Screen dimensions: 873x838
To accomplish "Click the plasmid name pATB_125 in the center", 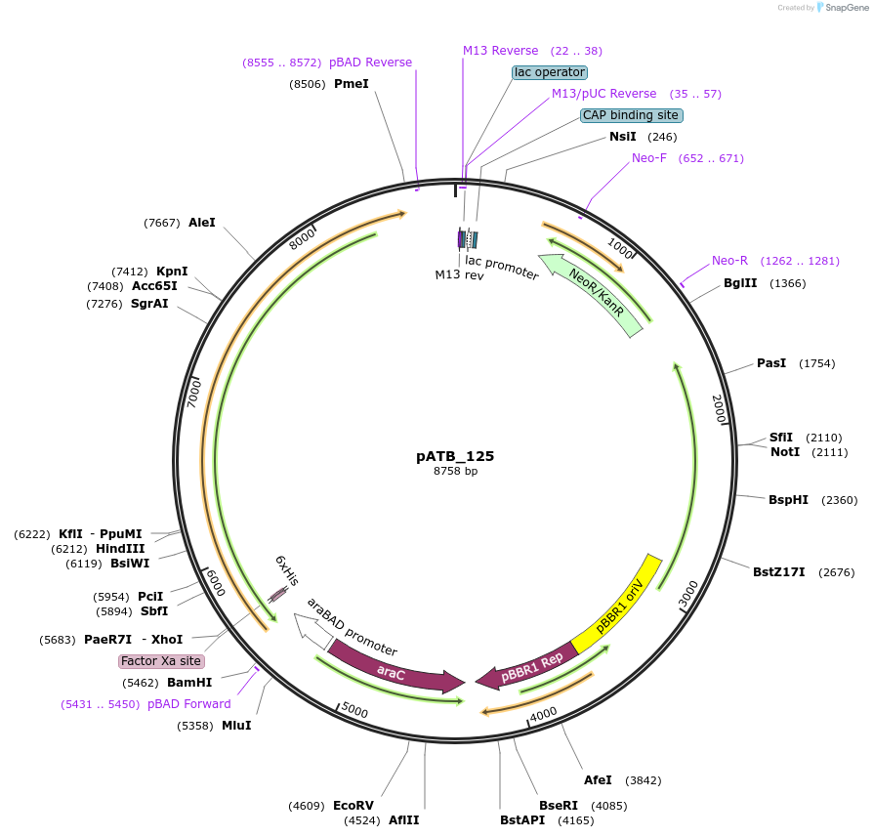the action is tap(455, 456).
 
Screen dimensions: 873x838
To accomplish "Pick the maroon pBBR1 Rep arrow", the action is tap(527, 666).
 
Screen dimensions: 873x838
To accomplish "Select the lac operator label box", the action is tap(550, 72).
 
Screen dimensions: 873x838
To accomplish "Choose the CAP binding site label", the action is tap(631, 115).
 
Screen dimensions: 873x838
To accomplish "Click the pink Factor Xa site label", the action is tap(161, 661).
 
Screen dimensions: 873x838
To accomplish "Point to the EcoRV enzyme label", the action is tap(353, 806).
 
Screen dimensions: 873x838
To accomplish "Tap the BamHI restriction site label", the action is tap(189, 683).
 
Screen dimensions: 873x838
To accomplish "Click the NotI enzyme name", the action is tap(785, 452).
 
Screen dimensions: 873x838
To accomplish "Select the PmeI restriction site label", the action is tap(352, 84).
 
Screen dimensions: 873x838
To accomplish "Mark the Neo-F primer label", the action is tap(649, 158).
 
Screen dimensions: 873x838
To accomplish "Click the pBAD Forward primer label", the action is tap(189, 704).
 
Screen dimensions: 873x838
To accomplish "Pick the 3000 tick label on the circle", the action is tap(688, 594).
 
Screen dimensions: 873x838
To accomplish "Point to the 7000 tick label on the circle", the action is tap(193, 395).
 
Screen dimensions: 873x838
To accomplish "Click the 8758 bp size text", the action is tap(455, 471).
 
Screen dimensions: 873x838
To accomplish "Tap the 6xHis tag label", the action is tap(287, 570).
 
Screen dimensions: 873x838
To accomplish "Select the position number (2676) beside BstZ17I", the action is tap(836, 572).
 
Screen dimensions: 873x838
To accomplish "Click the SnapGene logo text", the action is tap(847, 8).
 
